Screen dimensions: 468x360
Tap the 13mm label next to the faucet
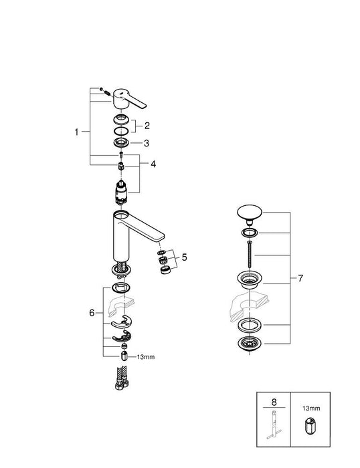pyautogui.click(x=145, y=358)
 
